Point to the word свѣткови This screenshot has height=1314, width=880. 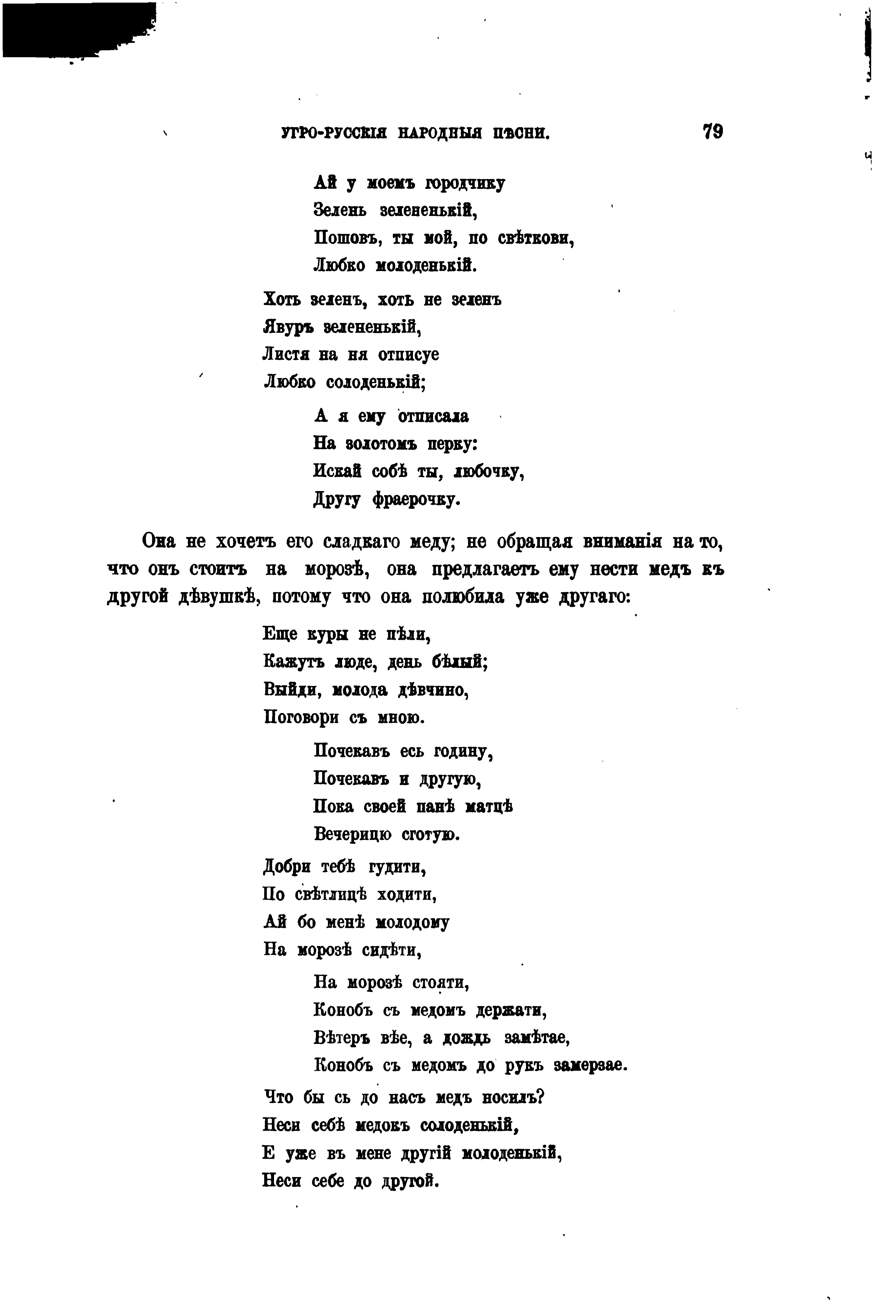(535, 238)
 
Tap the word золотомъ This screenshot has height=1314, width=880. (382, 444)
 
